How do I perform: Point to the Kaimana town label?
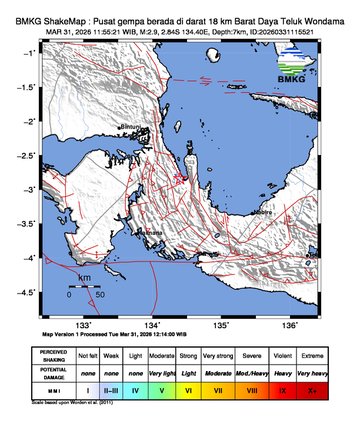(150, 232)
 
